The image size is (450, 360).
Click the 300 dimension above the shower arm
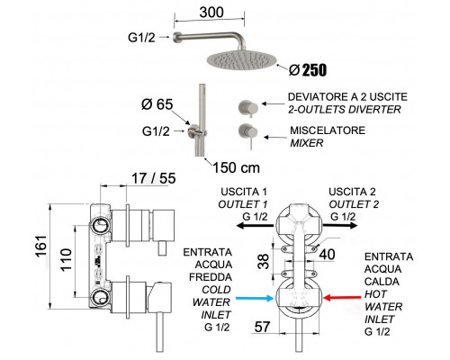[x=211, y=13]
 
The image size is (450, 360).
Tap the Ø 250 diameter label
[x=308, y=70]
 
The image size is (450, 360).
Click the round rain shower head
[x=242, y=60]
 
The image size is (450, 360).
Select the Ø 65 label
[x=157, y=104]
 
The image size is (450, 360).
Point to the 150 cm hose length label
[x=236, y=167]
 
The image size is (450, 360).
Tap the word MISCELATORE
[x=328, y=130]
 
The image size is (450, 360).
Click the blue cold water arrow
[x=255, y=298]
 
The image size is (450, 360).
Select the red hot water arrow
[x=342, y=298]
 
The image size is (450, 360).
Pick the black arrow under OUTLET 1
[x=255, y=226]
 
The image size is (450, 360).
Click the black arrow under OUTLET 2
[x=340, y=226]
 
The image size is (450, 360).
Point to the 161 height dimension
[x=41, y=246]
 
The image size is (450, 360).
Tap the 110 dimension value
[x=66, y=260]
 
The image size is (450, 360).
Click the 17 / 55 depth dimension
[x=154, y=178]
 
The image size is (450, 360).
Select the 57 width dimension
[x=262, y=327]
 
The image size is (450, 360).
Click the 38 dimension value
[x=264, y=261]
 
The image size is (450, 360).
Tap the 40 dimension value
[x=327, y=255]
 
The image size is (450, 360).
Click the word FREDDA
[x=211, y=277]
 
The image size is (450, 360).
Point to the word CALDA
[x=382, y=282]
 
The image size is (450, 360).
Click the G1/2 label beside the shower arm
[x=141, y=38]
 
